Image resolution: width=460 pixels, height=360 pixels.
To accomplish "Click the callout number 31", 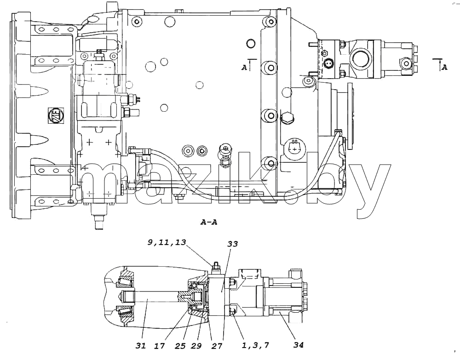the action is (141, 346).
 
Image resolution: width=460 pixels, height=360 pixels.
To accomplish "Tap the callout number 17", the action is (160, 346).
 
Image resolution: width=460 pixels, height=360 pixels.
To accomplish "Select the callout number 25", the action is (180, 346).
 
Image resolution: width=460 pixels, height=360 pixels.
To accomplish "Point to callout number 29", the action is (196, 346).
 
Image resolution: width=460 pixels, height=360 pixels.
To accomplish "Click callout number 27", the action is (217, 346).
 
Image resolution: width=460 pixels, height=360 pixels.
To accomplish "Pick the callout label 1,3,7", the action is (255, 346).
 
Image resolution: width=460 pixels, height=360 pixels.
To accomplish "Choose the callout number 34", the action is (299, 345).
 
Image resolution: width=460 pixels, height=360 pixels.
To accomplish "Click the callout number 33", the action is (233, 244).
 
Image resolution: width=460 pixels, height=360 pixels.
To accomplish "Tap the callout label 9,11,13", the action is (167, 242).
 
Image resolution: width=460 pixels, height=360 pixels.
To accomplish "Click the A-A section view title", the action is (209, 222).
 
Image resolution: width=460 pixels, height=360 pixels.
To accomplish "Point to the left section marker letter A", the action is (244, 68).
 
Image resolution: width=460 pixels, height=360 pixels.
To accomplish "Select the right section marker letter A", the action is (444, 67).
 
